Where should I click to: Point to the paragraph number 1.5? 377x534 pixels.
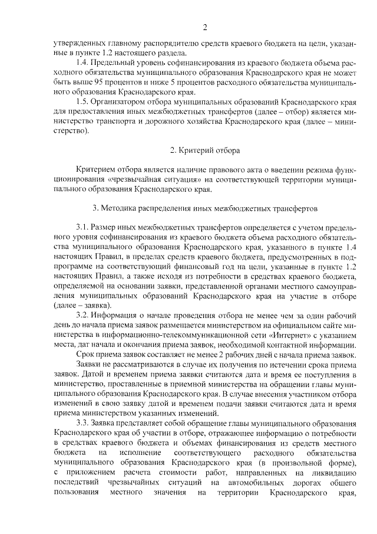tap(82, 101)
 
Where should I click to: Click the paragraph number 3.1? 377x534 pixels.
tap(82, 227)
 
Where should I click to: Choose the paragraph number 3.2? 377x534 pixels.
tap(82, 315)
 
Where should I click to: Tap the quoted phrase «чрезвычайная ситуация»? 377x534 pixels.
tap(165, 179)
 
